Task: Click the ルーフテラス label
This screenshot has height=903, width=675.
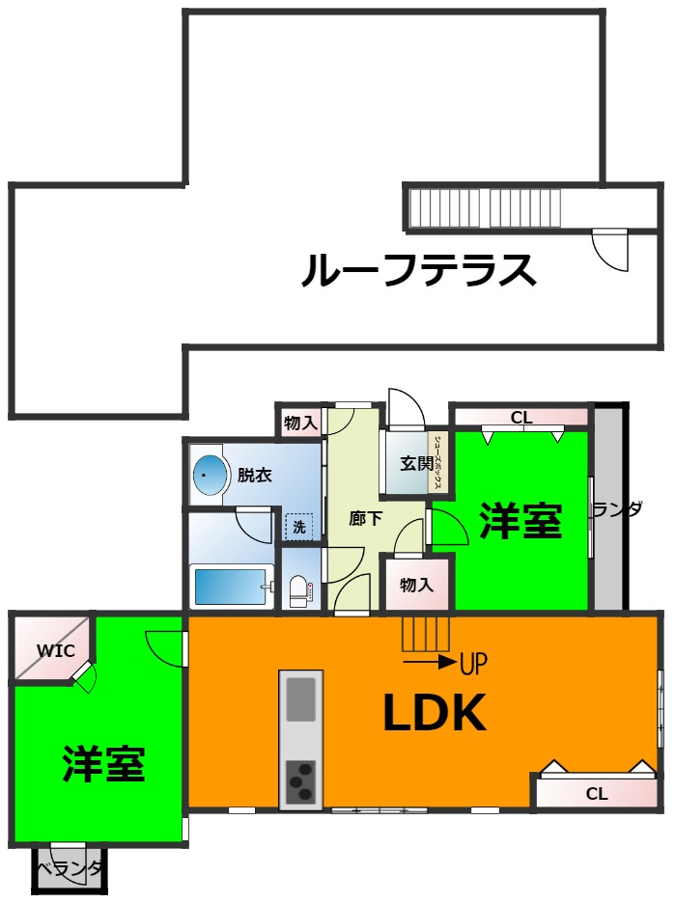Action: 418,271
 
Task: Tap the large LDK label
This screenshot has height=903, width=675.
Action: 434,714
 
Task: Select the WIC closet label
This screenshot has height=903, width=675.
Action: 56,649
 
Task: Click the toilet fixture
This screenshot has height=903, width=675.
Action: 299,589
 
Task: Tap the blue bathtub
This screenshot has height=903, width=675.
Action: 230,586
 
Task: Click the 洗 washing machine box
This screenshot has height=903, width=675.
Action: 299,527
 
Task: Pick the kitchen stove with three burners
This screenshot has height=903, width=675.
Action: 301,780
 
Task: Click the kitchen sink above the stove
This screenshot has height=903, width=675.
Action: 301,698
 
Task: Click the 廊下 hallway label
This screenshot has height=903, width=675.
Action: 365,518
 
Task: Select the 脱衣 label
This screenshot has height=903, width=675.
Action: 254,475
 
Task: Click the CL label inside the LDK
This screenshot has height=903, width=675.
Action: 597,794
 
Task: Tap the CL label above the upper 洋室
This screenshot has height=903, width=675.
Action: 521,418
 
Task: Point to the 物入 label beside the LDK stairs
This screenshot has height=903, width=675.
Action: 416,585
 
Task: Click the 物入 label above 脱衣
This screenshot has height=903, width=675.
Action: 300,422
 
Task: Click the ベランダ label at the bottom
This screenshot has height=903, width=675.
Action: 70,870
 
